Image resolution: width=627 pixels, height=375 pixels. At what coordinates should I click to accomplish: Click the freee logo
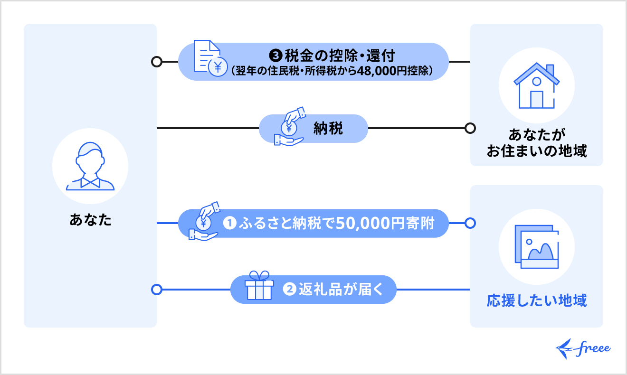click(583, 349)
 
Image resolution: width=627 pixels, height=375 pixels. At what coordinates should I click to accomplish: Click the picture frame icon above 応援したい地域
click(537, 247)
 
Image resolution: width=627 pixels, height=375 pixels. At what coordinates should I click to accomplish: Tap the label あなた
click(90, 220)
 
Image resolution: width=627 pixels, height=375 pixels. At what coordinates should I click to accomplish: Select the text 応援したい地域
click(537, 300)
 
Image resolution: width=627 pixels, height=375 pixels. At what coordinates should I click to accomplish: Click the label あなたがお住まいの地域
click(537, 142)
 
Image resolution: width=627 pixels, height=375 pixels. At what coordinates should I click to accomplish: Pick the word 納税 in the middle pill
click(328, 129)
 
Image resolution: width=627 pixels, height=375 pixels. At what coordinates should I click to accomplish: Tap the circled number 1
click(230, 223)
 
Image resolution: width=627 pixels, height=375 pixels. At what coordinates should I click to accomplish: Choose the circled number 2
click(289, 289)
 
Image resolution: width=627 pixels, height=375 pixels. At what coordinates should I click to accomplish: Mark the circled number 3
click(276, 55)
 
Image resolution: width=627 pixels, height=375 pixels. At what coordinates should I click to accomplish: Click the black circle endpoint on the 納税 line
click(470, 128)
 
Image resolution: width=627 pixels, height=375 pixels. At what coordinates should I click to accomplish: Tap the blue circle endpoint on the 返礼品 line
click(156, 289)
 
